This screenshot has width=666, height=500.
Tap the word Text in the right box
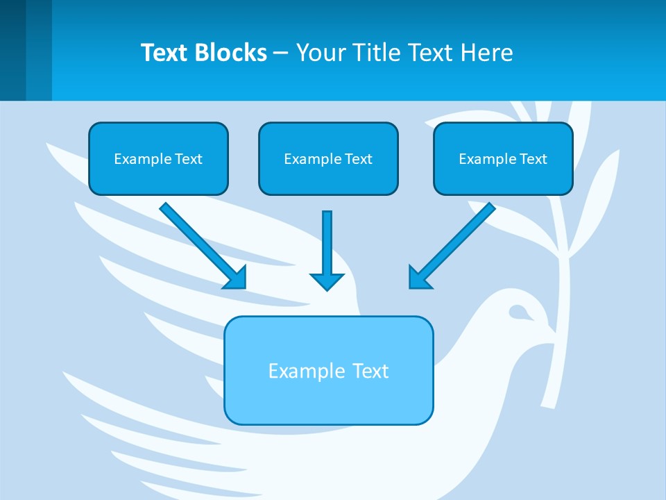coord(533,159)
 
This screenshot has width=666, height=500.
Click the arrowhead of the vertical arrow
coord(327,281)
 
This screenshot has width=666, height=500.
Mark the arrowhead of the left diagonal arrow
coord(236,278)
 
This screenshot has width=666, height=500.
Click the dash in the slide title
coord(281,53)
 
